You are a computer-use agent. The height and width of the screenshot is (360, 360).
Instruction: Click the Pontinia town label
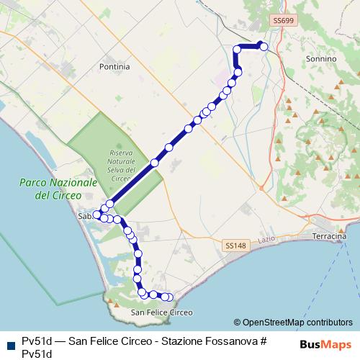[x=115, y=66]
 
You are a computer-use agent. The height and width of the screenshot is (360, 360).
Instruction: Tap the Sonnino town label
[x=321, y=58]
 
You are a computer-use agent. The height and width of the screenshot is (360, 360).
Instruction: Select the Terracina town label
[x=330, y=235]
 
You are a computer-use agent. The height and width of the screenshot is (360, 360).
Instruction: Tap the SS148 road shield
[x=235, y=246]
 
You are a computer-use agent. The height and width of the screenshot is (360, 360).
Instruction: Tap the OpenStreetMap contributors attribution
[x=297, y=323]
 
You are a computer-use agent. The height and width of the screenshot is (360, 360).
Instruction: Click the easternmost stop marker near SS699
[x=264, y=47]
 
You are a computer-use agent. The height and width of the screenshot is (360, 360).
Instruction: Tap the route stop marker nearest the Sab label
[x=97, y=215]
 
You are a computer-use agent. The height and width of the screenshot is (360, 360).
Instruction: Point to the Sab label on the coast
[x=84, y=215]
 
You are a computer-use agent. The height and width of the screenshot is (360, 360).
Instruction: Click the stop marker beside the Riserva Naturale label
[x=154, y=163]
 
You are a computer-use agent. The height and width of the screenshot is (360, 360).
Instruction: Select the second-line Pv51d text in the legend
[x=37, y=353]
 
